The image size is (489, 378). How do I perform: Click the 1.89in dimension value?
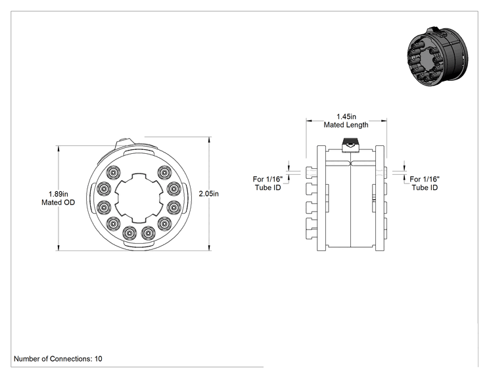[58, 194]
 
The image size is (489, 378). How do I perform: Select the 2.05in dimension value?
[208, 194]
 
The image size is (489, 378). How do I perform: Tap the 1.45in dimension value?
[346, 116]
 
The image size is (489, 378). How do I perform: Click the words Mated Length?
[346, 125]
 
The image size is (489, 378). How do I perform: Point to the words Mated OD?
[58, 202]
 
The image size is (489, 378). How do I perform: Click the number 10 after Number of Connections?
[98, 359]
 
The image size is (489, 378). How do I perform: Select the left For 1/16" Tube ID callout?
[268, 183]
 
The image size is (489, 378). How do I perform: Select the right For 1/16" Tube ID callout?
[425, 183]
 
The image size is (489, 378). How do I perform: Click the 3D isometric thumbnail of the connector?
[438, 57]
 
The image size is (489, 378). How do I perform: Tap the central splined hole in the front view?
[139, 198]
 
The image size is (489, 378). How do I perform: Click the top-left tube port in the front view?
[113, 172]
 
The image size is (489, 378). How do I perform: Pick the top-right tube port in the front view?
[164, 172]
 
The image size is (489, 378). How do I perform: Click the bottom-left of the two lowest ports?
[129, 233]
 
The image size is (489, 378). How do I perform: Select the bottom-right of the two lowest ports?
[148, 233]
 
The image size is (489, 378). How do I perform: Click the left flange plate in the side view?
[321, 198]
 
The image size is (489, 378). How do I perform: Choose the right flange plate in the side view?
[379, 198]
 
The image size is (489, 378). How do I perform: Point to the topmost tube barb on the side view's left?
[312, 172]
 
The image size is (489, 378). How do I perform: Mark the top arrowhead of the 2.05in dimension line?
[209, 139]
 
